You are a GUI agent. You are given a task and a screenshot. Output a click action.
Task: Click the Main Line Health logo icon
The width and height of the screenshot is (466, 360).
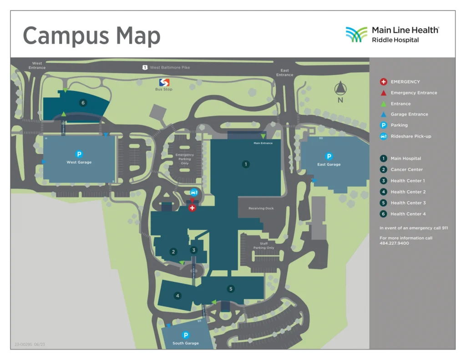(356, 35)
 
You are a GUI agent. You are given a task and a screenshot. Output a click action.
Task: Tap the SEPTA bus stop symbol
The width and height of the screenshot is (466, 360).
(164, 82)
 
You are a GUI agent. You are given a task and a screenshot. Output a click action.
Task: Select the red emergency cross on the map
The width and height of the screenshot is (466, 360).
(192, 208)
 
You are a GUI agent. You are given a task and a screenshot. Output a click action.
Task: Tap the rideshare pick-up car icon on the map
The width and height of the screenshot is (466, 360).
(194, 192)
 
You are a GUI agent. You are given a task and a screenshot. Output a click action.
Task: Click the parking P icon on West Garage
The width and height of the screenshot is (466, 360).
(79, 154)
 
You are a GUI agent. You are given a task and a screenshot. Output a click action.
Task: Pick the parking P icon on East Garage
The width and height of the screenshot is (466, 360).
(329, 157)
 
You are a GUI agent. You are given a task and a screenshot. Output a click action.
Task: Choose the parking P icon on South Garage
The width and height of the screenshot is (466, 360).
(186, 335)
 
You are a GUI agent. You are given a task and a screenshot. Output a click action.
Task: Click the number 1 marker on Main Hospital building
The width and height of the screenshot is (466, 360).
(246, 164)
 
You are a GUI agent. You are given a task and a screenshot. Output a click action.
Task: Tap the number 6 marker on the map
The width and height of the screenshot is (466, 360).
(83, 103)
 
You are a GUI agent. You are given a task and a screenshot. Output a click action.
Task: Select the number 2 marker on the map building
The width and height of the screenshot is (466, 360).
(173, 252)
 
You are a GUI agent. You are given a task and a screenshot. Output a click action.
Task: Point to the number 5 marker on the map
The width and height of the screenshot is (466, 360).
(231, 289)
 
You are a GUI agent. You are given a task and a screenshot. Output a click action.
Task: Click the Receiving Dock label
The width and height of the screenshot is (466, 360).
(261, 208)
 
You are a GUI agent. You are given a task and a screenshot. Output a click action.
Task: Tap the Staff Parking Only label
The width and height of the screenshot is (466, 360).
(263, 246)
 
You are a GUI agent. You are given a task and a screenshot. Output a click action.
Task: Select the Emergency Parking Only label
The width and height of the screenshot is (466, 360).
(185, 159)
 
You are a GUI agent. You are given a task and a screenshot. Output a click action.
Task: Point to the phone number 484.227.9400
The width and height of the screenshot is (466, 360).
(394, 243)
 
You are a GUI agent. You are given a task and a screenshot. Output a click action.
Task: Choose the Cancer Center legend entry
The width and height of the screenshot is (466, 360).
(406, 170)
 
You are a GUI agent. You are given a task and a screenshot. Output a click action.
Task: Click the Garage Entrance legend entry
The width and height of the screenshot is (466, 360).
(409, 114)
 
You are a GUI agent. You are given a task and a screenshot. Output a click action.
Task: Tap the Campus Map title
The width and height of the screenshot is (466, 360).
(91, 35)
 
